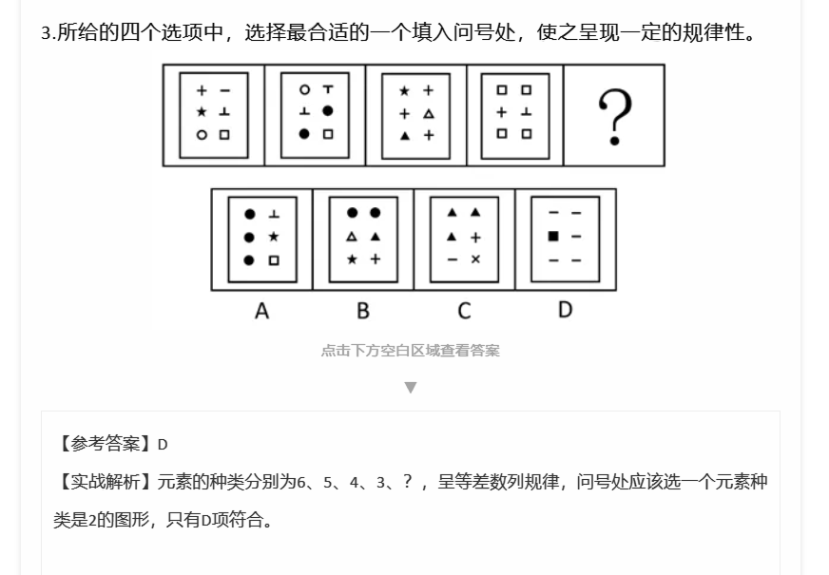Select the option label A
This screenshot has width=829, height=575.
point(261,312)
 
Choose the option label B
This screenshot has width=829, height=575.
point(363,311)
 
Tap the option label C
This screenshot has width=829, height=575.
point(464,311)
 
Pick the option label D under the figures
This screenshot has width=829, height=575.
point(565,310)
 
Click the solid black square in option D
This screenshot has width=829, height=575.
point(553,237)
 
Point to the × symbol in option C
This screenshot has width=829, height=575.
point(475,259)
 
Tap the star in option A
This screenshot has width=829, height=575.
point(274,237)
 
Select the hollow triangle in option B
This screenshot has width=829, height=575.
point(352,237)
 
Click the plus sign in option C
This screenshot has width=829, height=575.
point(475,238)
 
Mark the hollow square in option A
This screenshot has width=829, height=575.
point(274,260)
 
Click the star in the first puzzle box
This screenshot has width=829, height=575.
point(202,112)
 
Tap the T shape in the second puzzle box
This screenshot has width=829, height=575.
point(328,89)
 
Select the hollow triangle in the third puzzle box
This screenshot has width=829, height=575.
point(429,114)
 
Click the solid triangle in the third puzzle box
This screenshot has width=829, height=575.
point(405,136)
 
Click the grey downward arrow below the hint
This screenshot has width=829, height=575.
point(411,388)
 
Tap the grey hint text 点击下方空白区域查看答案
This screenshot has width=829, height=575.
point(411,351)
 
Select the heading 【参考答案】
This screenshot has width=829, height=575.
point(104,444)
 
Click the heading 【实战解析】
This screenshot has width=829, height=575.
point(104,482)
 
